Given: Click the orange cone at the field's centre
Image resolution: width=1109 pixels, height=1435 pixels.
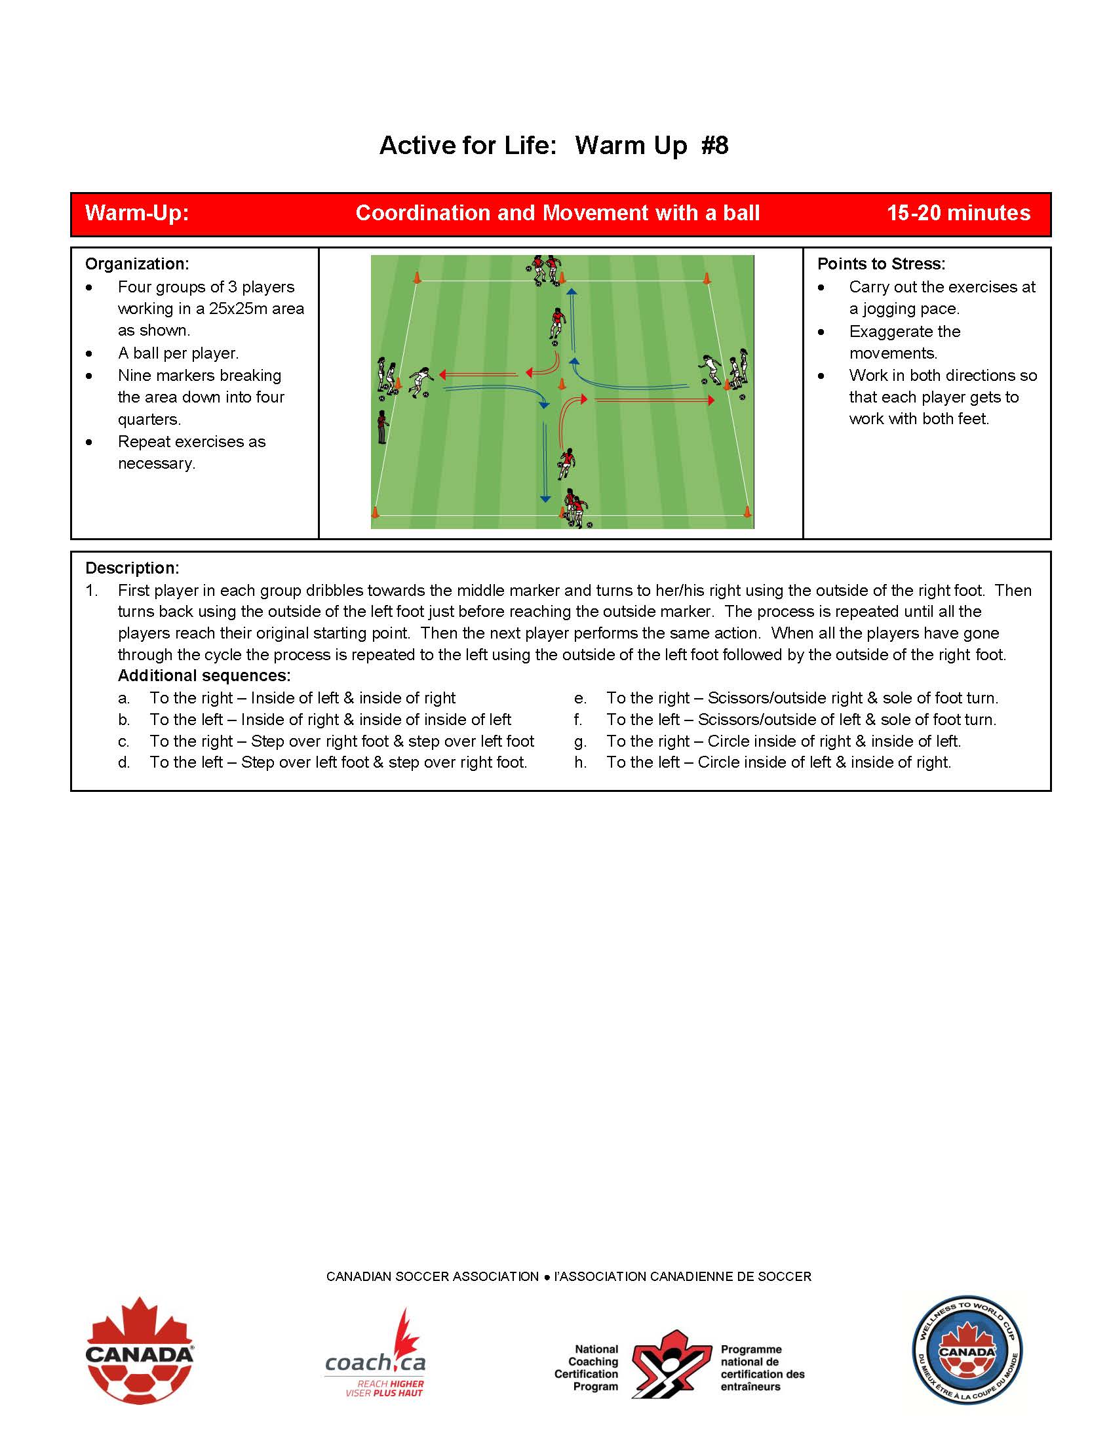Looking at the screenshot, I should [562, 384].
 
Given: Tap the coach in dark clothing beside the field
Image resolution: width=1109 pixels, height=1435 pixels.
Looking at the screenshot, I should [381, 427].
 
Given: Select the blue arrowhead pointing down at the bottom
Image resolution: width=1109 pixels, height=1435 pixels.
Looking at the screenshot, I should [545, 500].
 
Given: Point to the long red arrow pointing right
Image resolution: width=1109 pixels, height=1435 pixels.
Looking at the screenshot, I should [653, 399].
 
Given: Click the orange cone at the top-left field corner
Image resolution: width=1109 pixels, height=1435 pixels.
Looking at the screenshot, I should [416, 277].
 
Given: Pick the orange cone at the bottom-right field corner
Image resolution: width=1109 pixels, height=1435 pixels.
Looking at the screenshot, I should [747, 511].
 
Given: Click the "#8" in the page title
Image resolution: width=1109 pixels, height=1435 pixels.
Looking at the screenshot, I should [715, 146].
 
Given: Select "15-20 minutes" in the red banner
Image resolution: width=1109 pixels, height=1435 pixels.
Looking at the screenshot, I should [958, 213].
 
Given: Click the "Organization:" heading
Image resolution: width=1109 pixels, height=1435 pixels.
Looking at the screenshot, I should [136, 264].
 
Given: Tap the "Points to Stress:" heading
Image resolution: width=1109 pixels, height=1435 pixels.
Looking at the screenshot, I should [881, 264].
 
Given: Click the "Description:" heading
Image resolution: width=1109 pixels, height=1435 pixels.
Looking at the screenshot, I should [132, 568].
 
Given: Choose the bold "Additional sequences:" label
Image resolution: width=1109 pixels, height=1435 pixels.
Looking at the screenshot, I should [204, 675].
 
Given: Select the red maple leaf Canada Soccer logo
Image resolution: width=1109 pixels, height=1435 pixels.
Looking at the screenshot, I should [140, 1350].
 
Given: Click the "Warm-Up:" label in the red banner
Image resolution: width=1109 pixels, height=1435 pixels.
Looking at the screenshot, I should [136, 213].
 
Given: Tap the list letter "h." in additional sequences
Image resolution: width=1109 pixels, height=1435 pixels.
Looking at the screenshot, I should [580, 762].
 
